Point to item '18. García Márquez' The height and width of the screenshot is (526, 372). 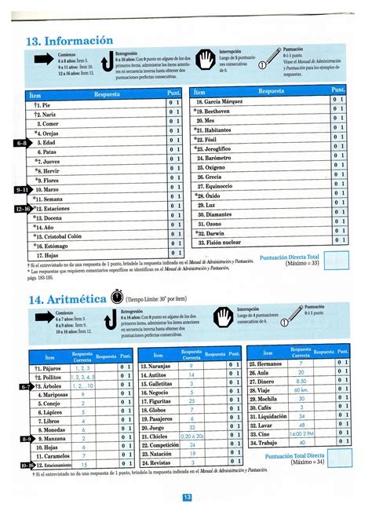(224, 103)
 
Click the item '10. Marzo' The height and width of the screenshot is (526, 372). (49, 190)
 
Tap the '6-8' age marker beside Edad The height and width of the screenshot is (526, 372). (21, 144)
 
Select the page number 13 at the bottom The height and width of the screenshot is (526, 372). (187, 497)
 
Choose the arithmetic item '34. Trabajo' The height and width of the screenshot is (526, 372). (265, 444)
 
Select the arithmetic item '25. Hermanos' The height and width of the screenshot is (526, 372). (267, 365)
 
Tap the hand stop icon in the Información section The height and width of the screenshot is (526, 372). (206, 60)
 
